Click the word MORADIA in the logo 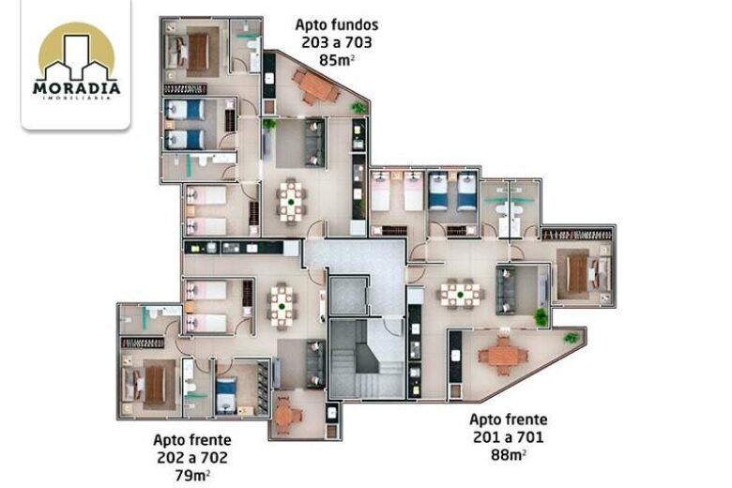tap(77, 88)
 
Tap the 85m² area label tap(337, 60)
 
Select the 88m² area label tap(509, 454)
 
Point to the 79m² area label tap(192, 476)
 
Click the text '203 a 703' tap(337, 42)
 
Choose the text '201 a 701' tap(509, 437)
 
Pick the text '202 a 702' tap(192, 458)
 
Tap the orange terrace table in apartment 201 tap(503, 356)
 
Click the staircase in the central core tap(366, 358)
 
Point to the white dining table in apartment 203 tap(291, 202)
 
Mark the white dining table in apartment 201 tap(460, 294)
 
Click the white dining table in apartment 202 tap(282, 306)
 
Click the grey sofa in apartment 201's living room tap(506, 290)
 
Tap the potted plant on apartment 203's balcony tap(358, 108)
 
